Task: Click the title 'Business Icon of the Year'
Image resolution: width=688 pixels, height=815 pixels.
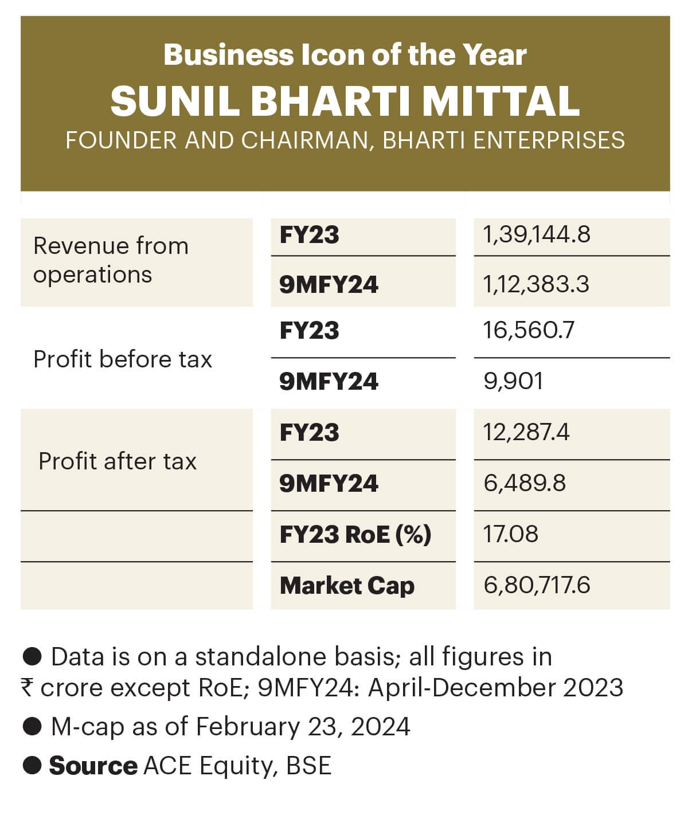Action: pyautogui.click(x=345, y=56)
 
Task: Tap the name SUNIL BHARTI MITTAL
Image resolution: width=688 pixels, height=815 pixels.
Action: pyautogui.click(x=345, y=101)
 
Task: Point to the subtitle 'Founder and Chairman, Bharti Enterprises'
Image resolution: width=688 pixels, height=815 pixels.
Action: pyautogui.click(x=345, y=140)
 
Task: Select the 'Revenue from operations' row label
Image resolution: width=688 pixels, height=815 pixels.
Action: pyautogui.click(x=111, y=260)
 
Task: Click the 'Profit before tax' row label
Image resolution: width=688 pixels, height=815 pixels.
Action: pyautogui.click(x=123, y=359)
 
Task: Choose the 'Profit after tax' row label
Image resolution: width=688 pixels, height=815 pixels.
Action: pyautogui.click(x=118, y=461)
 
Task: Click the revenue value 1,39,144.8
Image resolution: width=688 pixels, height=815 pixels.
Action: pyautogui.click(x=537, y=235)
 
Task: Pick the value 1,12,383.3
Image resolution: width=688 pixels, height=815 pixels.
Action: pyautogui.click(x=536, y=284)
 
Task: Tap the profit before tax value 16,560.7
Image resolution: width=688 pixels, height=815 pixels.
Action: pyautogui.click(x=529, y=331)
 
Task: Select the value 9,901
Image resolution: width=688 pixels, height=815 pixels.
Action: pyautogui.click(x=513, y=381)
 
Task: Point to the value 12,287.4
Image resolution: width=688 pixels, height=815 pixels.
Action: pyautogui.click(x=526, y=432)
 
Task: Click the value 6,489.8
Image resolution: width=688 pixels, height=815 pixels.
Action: pyautogui.click(x=525, y=483)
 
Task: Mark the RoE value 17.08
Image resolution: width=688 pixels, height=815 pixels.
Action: pyautogui.click(x=511, y=534)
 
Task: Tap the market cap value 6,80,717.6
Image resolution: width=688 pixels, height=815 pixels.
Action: pyautogui.click(x=537, y=585)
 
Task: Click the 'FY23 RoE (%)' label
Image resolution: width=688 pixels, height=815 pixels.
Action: pyautogui.click(x=355, y=534)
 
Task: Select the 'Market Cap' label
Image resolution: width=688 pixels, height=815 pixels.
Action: pyautogui.click(x=347, y=585)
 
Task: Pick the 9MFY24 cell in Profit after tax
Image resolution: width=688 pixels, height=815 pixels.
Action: pyautogui.click(x=329, y=483)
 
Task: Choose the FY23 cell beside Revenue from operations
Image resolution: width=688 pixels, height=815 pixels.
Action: pyautogui.click(x=309, y=235)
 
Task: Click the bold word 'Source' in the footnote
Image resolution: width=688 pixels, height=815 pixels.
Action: pyautogui.click(x=93, y=766)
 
